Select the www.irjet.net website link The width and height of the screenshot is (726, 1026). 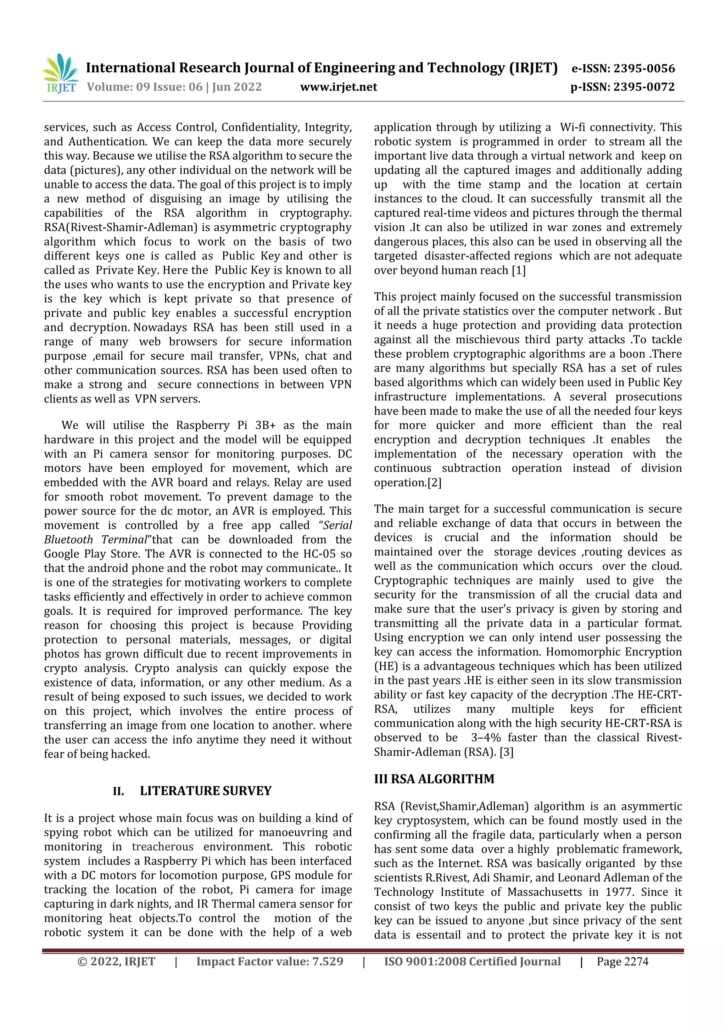pos(339,87)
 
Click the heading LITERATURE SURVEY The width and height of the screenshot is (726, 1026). pos(206,791)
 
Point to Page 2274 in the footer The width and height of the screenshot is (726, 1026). pos(622,962)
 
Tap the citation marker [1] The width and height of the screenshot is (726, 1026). pos(519,270)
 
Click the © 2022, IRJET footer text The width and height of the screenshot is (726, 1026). pos(116,962)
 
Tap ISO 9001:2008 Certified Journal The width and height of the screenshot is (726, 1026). pos(472,962)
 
